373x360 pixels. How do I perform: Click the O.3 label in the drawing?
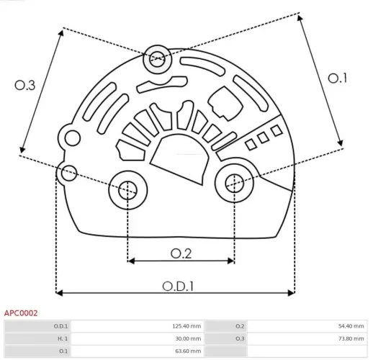coord(25,85)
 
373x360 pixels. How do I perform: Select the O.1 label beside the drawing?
coord(338,78)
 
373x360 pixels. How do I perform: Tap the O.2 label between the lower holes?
coord(181,253)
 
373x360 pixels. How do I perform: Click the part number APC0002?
coord(21,313)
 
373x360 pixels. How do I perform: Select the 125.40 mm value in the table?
coord(186,326)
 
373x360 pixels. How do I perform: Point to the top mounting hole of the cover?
coord(156,60)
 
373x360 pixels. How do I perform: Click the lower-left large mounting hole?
coord(127,191)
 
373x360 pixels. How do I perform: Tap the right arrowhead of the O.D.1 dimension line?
coord(291,292)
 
